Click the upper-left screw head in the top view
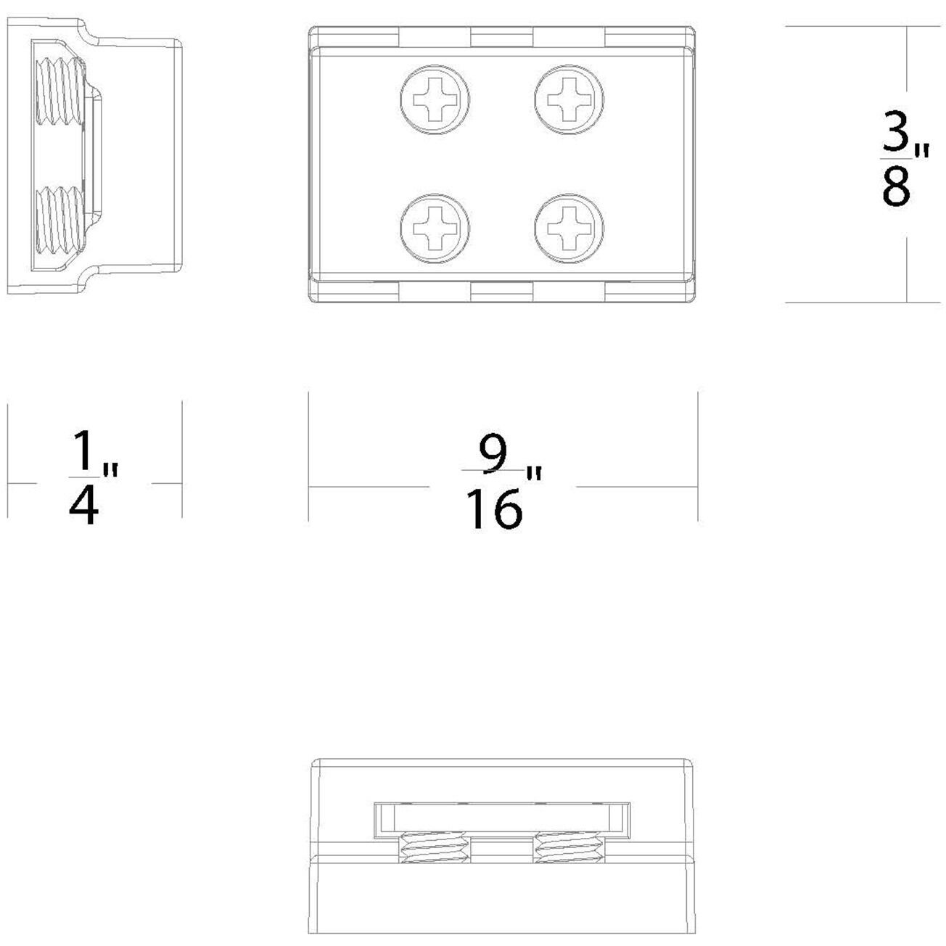point(435,99)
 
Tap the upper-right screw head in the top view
point(569,99)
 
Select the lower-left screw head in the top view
point(435,229)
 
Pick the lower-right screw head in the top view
point(569,229)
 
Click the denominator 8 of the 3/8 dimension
point(896,186)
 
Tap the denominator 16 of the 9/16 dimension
point(494,509)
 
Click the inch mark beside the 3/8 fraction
point(921,151)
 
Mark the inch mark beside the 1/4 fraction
point(110,470)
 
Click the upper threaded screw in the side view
point(61,91)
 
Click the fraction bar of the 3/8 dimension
point(894,159)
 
